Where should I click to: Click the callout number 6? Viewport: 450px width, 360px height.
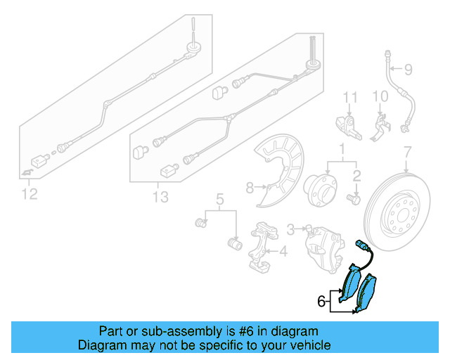(321, 302)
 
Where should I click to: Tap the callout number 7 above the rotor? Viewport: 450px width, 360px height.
(406, 151)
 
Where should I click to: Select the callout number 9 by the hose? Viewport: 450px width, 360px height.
(408, 69)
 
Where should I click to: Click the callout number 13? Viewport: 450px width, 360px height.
(160, 197)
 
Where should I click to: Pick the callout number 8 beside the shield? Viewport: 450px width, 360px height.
(249, 187)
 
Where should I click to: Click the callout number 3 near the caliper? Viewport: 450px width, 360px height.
(290, 228)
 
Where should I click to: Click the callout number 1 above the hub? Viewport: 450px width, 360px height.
(342, 150)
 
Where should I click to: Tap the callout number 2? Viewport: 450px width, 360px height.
(356, 175)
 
